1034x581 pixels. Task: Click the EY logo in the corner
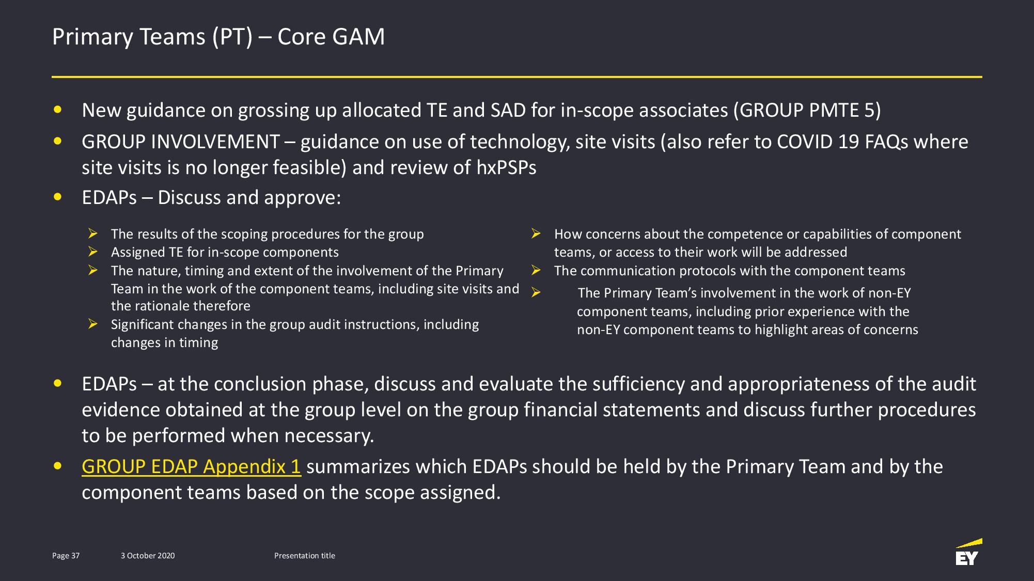point(968,552)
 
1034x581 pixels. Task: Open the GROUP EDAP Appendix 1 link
point(191,466)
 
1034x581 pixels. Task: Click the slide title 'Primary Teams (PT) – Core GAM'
point(218,37)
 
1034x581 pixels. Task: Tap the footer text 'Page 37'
point(66,556)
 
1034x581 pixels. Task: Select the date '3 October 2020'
point(148,556)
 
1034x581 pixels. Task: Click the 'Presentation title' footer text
point(305,556)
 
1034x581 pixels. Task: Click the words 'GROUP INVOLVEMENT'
point(181,142)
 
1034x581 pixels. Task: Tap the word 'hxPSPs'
point(507,167)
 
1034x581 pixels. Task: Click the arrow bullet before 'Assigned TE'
point(93,252)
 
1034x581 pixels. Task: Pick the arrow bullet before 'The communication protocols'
point(536,271)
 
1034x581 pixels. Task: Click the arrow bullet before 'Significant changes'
point(93,324)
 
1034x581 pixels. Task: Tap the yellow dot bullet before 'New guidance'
point(58,109)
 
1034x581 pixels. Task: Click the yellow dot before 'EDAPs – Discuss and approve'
point(58,197)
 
